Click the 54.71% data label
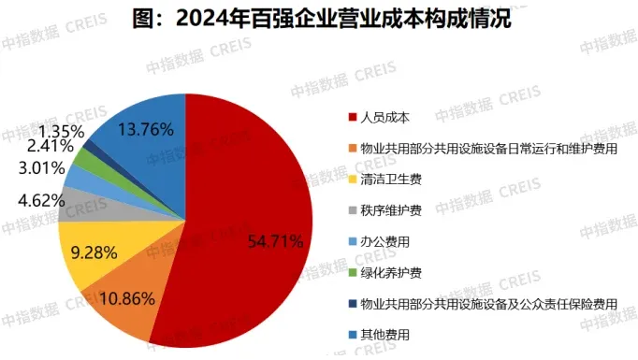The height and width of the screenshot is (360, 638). pyautogui.click(x=275, y=242)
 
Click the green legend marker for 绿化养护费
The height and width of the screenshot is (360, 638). pyautogui.click(x=353, y=272)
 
